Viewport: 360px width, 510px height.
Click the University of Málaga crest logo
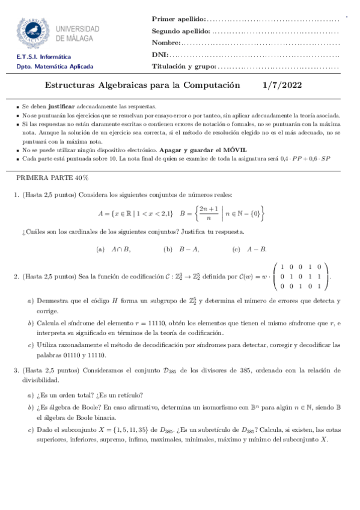pyautogui.click(x=34, y=33)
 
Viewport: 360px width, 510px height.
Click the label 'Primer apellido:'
pyautogui.click(x=178, y=20)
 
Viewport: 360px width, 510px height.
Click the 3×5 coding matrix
pyautogui.click(x=301, y=277)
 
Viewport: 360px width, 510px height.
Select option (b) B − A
pyautogui.click(x=181, y=249)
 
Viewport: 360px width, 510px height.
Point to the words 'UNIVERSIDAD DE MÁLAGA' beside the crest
pyautogui.click(x=78, y=33)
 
